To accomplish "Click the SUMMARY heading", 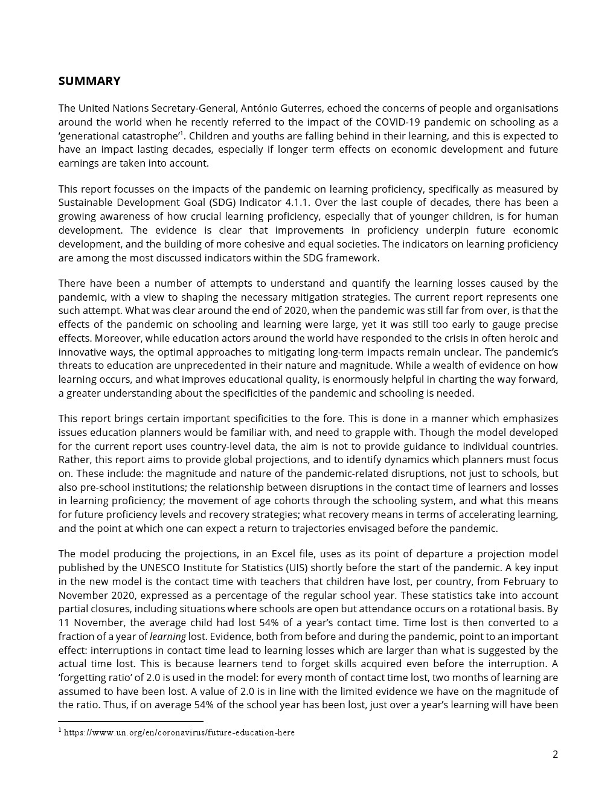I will coord(89,81).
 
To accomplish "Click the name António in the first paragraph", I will coord(260,108).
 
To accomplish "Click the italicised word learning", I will coord(167,636).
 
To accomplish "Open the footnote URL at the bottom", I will coord(179,732).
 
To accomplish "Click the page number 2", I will coord(555,754).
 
